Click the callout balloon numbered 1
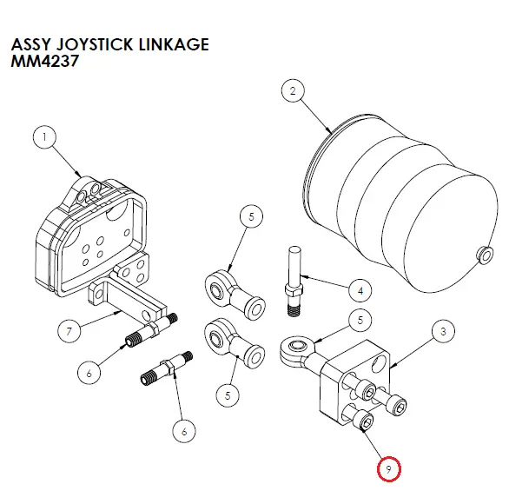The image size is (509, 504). (44, 136)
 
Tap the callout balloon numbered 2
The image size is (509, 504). (293, 90)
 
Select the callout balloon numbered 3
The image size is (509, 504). (443, 331)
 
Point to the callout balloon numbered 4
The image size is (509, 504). (360, 290)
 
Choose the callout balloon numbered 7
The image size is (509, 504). (69, 331)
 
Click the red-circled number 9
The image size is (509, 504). (388, 469)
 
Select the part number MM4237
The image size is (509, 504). (45, 61)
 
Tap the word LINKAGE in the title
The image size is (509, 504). (174, 44)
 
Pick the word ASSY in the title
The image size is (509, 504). (31, 44)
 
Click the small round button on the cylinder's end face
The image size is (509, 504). (485, 255)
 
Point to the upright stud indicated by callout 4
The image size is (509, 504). (294, 282)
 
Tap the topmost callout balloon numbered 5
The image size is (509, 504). (251, 216)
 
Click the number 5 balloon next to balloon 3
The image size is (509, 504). (360, 320)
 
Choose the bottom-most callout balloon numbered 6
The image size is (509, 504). (184, 431)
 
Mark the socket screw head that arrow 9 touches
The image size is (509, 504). (365, 421)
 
